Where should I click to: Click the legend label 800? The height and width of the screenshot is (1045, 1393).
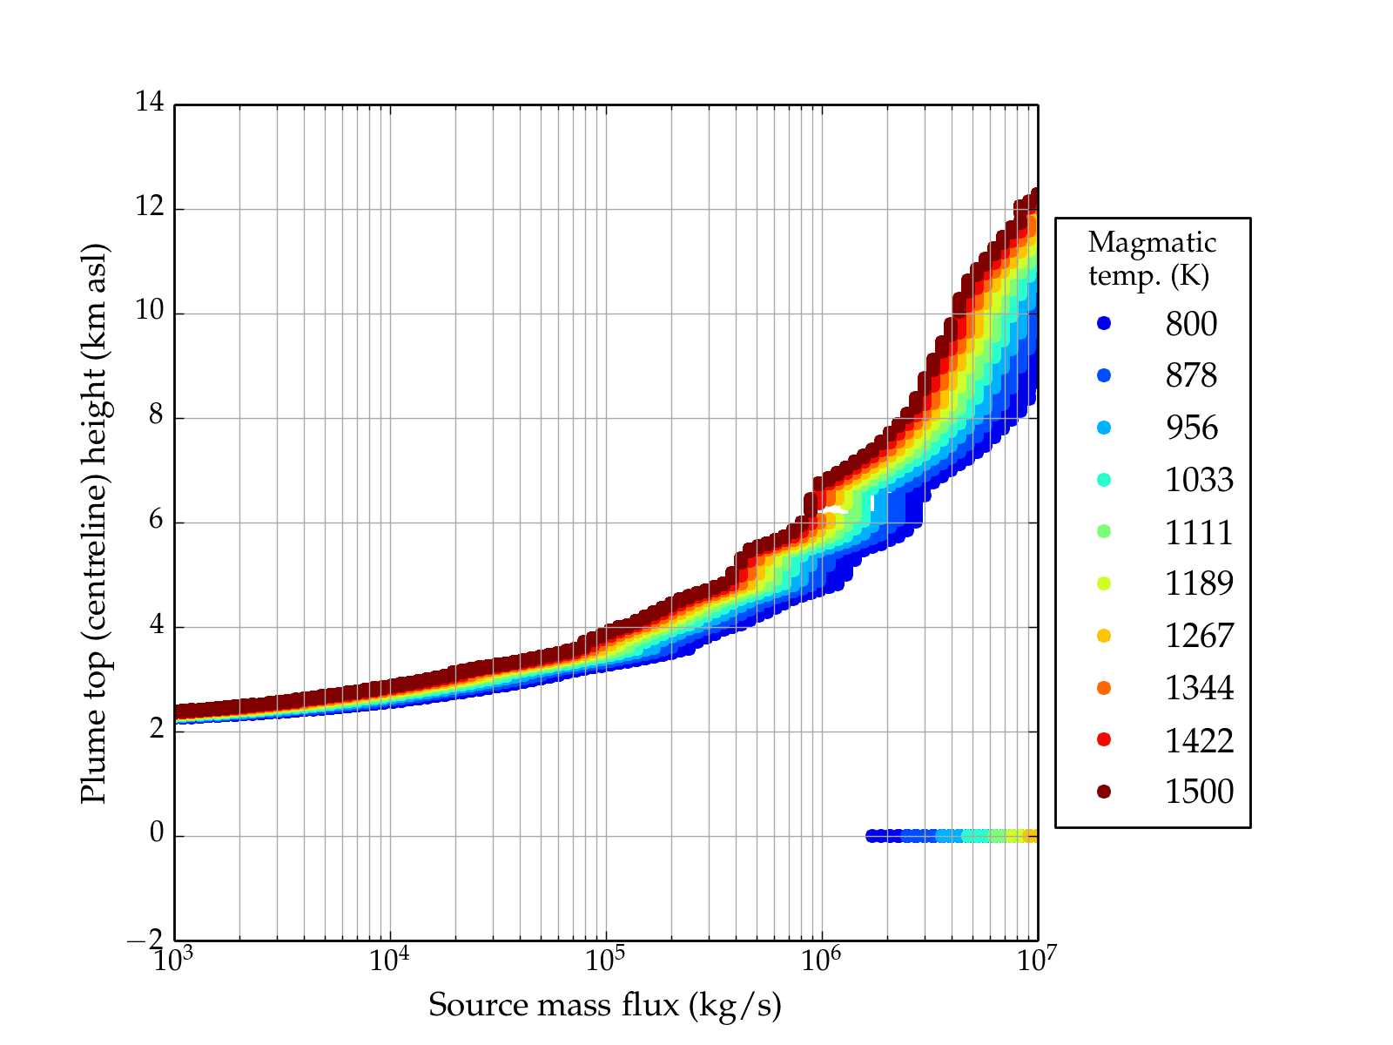pos(1191,324)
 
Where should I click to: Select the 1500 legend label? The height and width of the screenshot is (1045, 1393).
pos(1199,792)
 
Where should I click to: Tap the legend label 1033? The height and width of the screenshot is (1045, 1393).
pos(1199,480)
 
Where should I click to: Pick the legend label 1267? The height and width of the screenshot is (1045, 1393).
pos(1199,636)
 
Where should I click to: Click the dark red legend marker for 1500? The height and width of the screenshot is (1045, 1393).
pos(1104,792)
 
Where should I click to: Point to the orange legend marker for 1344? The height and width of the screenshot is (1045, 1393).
pos(1104,688)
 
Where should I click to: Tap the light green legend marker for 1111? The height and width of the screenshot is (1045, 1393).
pos(1104,532)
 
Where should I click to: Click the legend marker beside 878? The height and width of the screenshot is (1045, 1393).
pos(1104,375)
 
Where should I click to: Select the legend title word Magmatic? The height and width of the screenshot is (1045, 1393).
pos(1152,243)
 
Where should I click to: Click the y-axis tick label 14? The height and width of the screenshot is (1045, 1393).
pos(150,103)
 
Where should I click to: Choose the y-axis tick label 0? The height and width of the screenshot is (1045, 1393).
pos(157,834)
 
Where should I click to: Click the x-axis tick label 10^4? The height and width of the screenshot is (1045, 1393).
pos(389,960)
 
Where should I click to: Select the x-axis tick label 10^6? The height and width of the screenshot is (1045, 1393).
pos(821,960)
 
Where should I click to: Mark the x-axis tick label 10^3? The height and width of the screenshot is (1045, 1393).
pos(174,960)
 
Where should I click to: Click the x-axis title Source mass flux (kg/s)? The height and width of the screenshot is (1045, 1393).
pos(605,1006)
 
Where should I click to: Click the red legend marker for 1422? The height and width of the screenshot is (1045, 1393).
pos(1104,739)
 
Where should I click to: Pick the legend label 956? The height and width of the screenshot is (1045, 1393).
pos(1191,428)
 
